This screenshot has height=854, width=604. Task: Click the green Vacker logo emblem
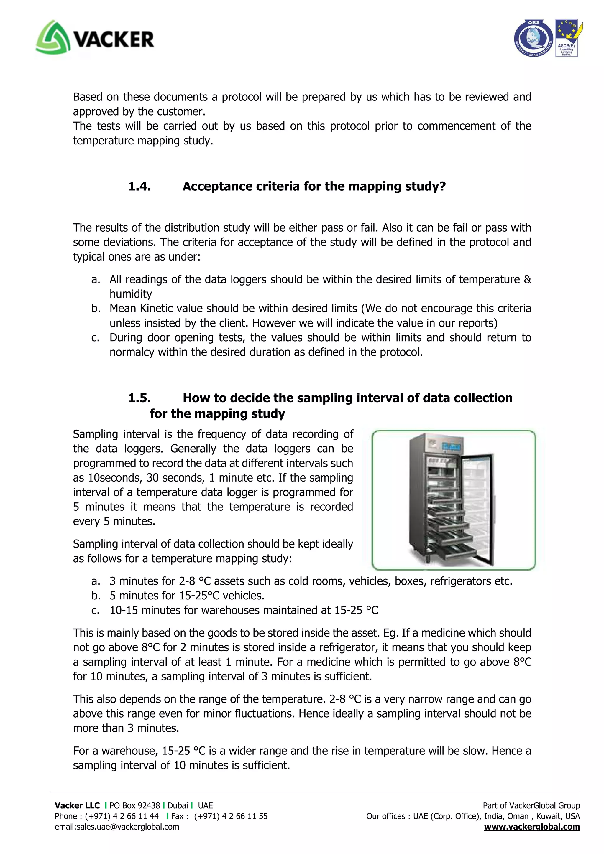(x=52, y=37)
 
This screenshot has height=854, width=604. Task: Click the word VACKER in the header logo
(x=114, y=40)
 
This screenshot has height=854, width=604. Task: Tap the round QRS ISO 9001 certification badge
(x=533, y=38)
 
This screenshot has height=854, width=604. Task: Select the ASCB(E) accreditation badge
(x=567, y=38)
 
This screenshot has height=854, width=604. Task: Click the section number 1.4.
(x=139, y=186)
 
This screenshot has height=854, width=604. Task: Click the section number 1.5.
(x=139, y=398)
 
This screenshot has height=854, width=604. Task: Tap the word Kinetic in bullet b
(x=157, y=308)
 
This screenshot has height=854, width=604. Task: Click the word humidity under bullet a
(x=131, y=294)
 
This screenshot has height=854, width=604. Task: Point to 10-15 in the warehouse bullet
(x=124, y=610)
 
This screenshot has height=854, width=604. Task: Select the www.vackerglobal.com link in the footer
(x=531, y=827)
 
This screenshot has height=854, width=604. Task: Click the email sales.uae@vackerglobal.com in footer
(x=117, y=827)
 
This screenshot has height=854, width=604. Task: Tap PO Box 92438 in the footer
(x=134, y=806)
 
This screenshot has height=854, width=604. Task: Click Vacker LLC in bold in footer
(x=77, y=806)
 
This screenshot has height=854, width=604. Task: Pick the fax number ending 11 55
(x=231, y=816)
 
